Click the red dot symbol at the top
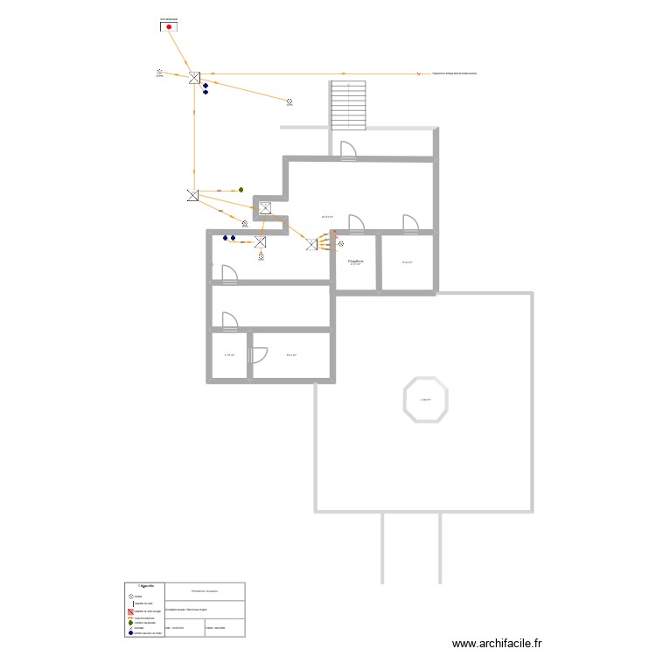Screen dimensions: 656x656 tap(169, 27)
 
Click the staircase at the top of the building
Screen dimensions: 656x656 tap(347, 105)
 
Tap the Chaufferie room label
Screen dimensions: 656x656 tap(355, 261)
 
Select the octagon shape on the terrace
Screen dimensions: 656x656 tap(426, 400)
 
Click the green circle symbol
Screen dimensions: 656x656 tap(241, 190)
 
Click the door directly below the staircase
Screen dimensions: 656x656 tap(347, 150)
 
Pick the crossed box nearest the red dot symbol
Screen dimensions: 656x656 tap(194, 78)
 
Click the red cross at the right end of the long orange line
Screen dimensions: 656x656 tap(419, 74)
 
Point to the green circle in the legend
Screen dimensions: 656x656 tap(130, 622)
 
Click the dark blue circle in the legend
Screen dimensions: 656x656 tap(130, 632)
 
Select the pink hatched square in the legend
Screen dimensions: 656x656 tap(130, 611)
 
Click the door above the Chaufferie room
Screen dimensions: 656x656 tap(355, 223)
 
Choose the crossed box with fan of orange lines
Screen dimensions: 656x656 tap(313, 244)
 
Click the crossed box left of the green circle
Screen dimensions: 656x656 tap(192, 195)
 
